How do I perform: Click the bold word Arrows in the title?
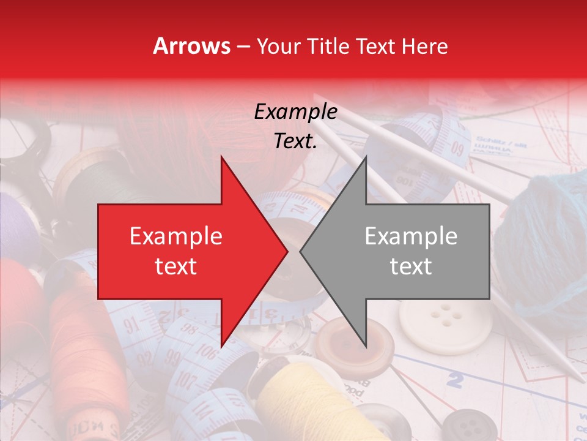(192, 46)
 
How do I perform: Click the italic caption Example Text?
(296, 126)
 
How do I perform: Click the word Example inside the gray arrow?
(411, 236)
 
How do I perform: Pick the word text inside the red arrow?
(175, 266)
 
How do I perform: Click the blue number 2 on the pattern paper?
(454, 380)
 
